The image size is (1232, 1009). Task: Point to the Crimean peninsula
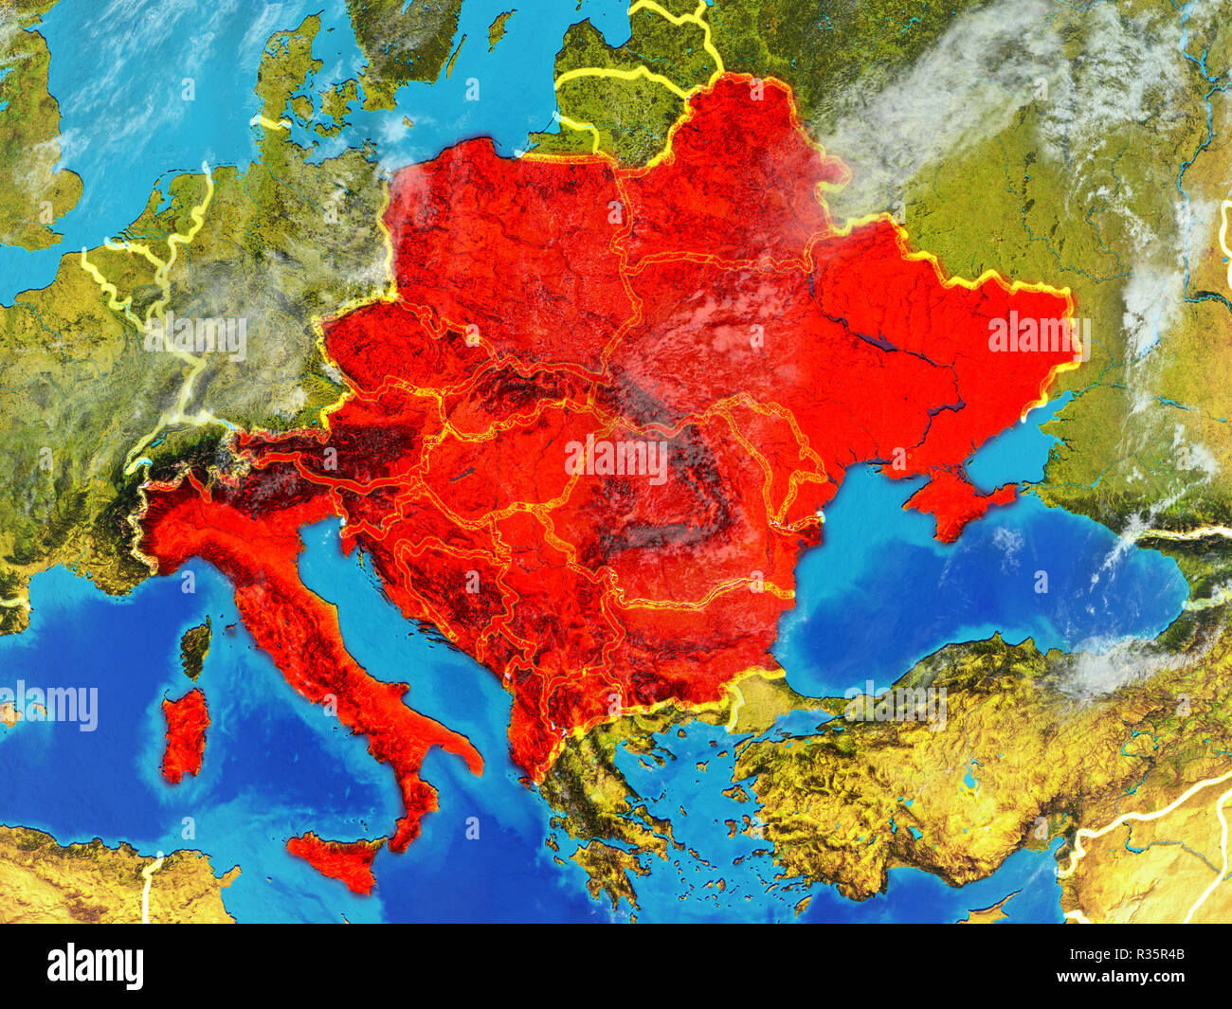pyautogui.click(x=952, y=502)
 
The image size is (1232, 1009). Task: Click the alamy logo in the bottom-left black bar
pyautogui.click(x=96, y=966)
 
